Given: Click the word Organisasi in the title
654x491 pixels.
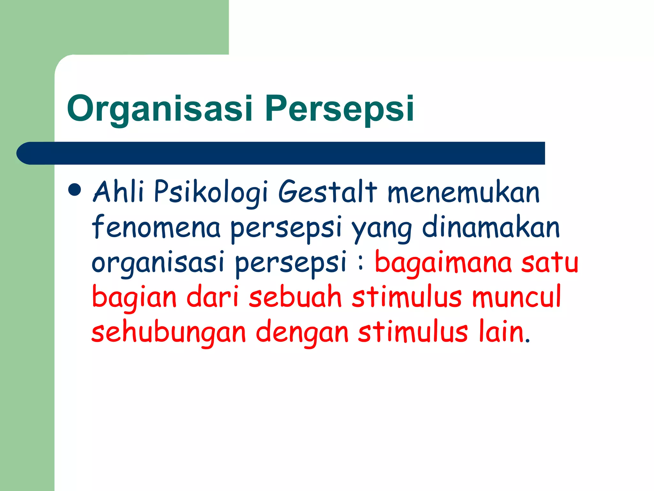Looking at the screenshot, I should pyautogui.click(x=160, y=109).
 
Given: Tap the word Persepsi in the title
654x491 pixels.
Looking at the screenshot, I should pyautogui.click(x=339, y=109).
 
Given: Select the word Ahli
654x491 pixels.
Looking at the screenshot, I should pyautogui.click(x=118, y=192).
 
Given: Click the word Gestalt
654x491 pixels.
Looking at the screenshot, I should pyautogui.click(x=327, y=192).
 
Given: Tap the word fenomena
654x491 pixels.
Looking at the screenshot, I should pyautogui.click(x=156, y=227).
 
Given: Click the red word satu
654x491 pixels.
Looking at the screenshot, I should pyautogui.click(x=550, y=262).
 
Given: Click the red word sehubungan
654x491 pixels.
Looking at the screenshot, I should pyautogui.click(x=169, y=333).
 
